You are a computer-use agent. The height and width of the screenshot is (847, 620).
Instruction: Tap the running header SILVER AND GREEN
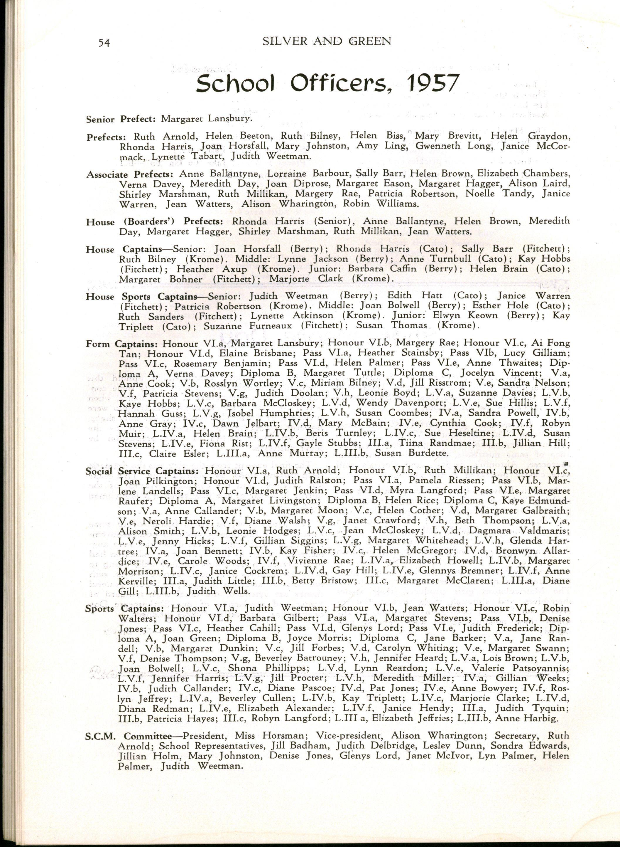(327, 41)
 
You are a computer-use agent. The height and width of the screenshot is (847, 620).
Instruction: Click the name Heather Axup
(212, 269)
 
